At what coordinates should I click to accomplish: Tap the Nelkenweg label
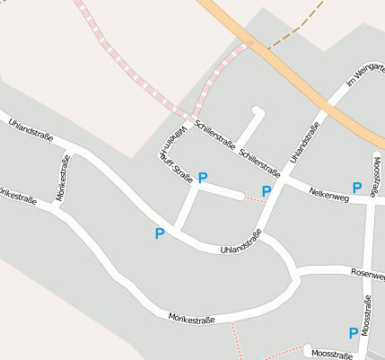click(x=328, y=193)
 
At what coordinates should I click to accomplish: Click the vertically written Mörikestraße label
click(x=64, y=177)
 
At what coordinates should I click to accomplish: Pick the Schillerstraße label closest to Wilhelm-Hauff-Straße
click(x=214, y=131)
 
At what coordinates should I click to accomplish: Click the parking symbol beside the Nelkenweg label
click(x=357, y=188)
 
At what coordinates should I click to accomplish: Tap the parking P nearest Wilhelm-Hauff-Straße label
click(x=203, y=178)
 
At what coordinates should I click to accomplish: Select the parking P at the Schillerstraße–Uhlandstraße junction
click(x=266, y=190)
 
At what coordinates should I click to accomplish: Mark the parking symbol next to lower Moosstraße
click(x=354, y=332)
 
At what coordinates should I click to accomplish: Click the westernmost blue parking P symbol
click(x=160, y=234)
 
